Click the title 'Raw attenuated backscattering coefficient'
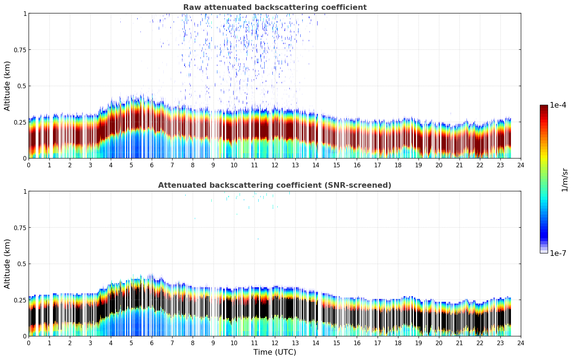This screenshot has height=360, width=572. (x=275, y=7)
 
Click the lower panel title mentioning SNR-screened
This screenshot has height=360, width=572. (x=275, y=185)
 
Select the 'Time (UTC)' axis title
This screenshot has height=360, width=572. (x=275, y=352)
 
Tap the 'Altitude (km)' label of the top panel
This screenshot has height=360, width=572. (x=7, y=86)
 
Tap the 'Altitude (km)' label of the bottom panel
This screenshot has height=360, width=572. (x=7, y=264)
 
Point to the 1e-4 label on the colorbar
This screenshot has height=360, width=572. (x=558, y=105)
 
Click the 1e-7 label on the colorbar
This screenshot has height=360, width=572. (x=558, y=253)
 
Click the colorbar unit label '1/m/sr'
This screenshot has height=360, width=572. (x=565, y=179)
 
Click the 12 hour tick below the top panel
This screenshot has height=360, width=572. (x=275, y=165)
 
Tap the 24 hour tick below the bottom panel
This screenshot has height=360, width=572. (x=521, y=343)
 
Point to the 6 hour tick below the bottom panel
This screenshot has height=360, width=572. (x=152, y=343)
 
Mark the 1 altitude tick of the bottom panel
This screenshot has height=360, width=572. (x=25, y=191)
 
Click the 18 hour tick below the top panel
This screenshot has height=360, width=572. (x=398, y=165)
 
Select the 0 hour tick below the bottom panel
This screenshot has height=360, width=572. (x=29, y=343)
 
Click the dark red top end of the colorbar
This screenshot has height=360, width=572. (x=543, y=107)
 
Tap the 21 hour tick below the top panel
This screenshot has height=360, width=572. (x=459, y=165)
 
